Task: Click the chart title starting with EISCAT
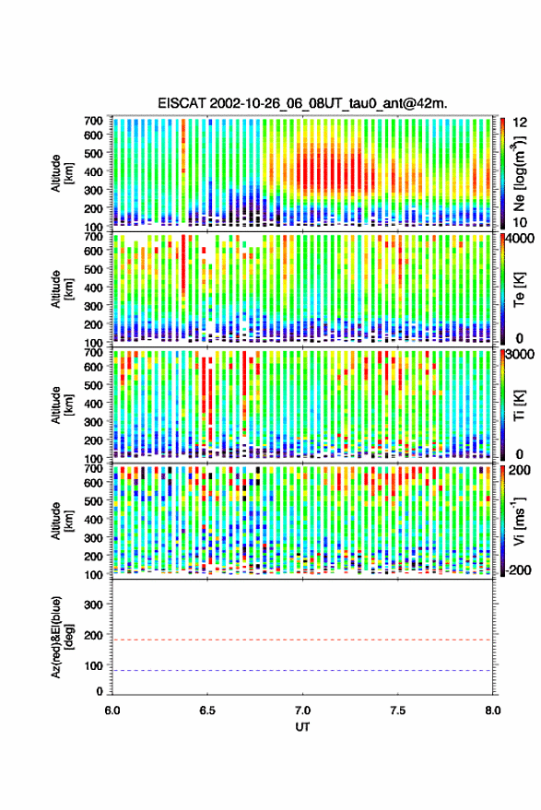pyautogui.click(x=302, y=103)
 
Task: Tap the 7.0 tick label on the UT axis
pyautogui.click(x=302, y=710)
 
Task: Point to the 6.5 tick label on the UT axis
pyautogui.click(x=207, y=710)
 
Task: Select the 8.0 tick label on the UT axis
pyautogui.click(x=492, y=710)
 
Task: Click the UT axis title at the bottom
pyautogui.click(x=302, y=727)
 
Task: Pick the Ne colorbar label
pyautogui.click(x=519, y=173)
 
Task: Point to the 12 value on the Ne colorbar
pyautogui.click(x=520, y=123)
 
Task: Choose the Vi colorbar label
pyautogui.click(x=519, y=521)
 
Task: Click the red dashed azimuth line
pyautogui.click(x=302, y=640)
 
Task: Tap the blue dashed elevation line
pyautogui.click(x=302, y=671)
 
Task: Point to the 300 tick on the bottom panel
pyautogui.click(x=93, y=605)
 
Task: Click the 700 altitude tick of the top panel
pyautogui.click(x=93, y=121)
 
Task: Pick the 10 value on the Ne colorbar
pyautogui.click(x=520, y=223)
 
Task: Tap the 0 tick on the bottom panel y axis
pyautogui.click(x=100, y=691)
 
